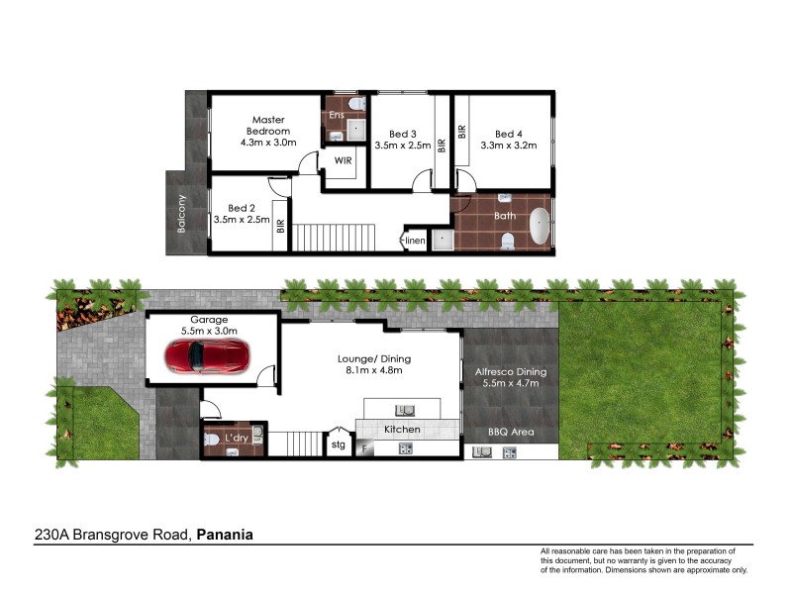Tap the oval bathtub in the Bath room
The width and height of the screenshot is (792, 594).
point(539,227)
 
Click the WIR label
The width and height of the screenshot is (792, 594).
point(343,159)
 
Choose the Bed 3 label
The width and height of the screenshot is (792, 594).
point(402,134)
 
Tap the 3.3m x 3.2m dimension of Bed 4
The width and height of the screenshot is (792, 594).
point(508,146)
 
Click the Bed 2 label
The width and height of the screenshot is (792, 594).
point(241,208)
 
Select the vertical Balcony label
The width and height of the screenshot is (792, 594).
point(181,212)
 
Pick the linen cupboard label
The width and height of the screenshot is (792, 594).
point(415,241)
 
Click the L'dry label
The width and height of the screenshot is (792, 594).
point(237,437)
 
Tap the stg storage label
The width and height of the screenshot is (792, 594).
point(340,445)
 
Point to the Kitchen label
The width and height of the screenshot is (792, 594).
point(403,430)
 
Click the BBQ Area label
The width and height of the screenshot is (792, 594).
point(510,433)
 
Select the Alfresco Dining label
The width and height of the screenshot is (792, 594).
point(512,372)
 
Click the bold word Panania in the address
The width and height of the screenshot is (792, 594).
point(225,535)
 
